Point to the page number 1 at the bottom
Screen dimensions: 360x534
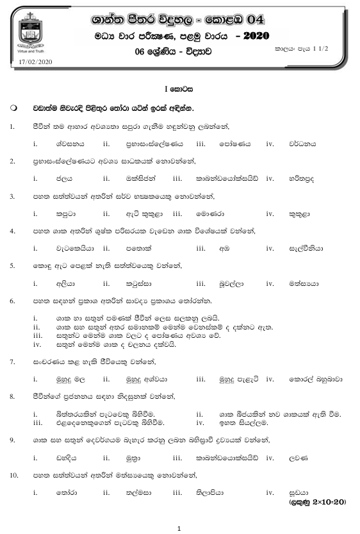click(x=179, y=528)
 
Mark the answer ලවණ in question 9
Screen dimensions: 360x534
click(x=299, y=458)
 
